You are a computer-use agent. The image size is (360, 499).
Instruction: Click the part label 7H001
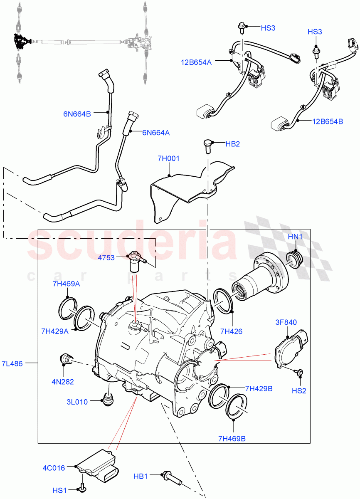coord(168,158)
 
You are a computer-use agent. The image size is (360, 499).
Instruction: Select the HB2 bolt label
coord(233,144)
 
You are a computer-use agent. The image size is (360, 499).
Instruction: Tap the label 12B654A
coord(196,62)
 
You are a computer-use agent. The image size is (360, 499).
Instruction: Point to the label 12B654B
coord(328,121)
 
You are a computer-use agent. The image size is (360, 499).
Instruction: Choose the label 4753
coord(106,258)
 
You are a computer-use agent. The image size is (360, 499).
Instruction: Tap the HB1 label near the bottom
coord(141,476)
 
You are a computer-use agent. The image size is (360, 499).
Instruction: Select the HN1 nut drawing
coord(295,259)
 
